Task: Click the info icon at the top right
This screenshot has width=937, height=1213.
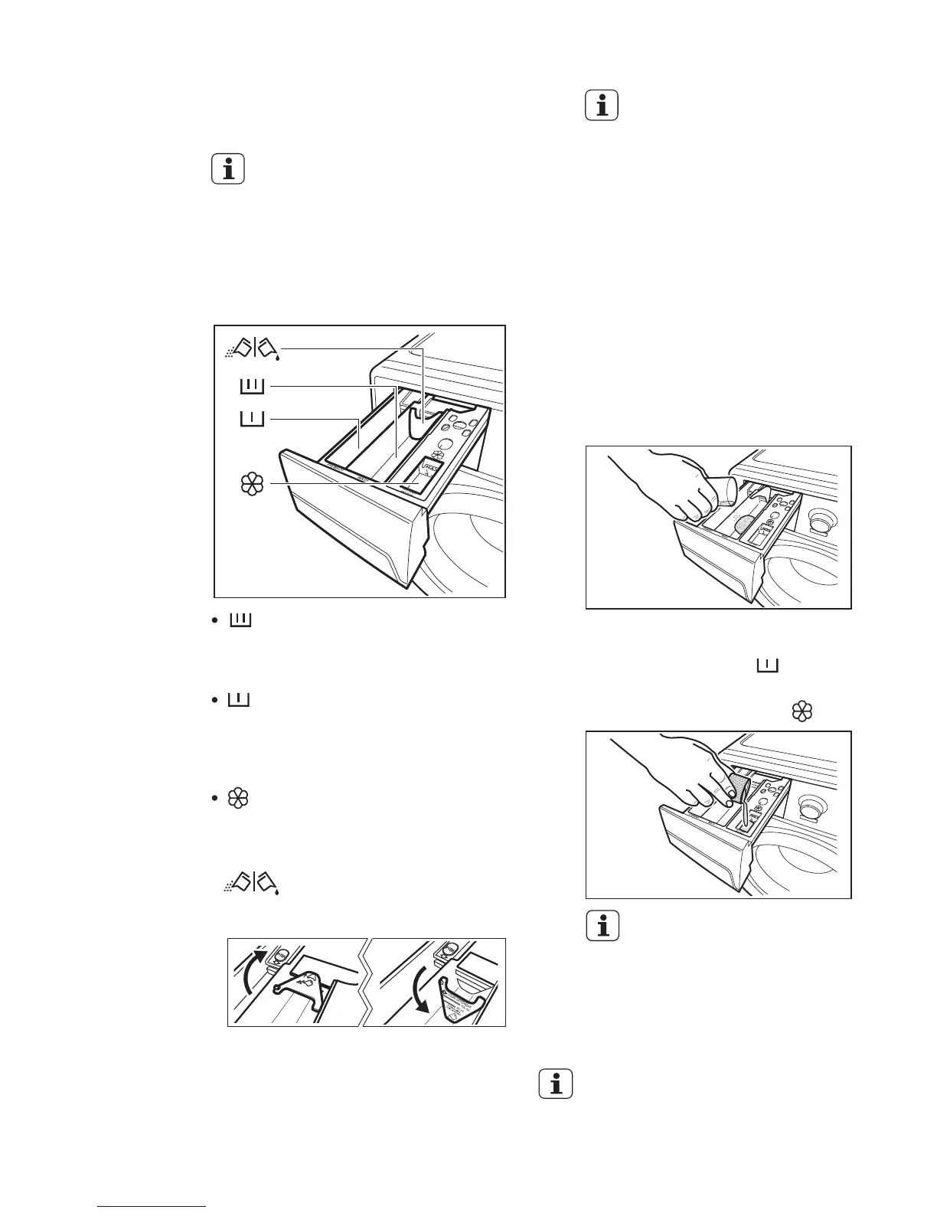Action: pos(602,106)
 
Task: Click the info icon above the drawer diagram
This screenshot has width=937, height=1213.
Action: pos(228,169)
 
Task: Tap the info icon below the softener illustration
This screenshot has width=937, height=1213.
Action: pos(602,927)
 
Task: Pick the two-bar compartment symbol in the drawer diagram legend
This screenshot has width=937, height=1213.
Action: pos(252,387)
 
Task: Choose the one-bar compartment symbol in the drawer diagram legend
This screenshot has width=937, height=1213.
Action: pos(252,419)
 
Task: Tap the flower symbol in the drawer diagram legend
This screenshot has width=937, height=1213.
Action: pos(253,484)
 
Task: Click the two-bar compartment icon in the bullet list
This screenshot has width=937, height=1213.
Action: pos(241,619)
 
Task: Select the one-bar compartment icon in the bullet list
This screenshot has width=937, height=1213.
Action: pos(239,700)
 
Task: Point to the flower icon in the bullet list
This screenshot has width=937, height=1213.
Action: pos(239,799)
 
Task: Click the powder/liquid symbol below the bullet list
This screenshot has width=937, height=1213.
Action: pos(251,883)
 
